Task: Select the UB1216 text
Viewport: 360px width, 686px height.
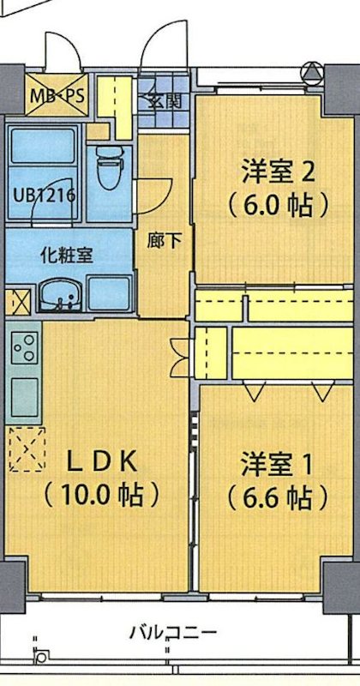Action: click(43, 193)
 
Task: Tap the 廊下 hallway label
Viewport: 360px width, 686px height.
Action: click(164, 240)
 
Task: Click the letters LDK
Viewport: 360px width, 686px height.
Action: click(101, 460)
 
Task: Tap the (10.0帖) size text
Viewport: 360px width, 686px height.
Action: click(102, 495)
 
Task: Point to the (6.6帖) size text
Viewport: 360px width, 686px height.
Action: click(276, 497)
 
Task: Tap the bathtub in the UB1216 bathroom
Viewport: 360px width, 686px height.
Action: click(43, 154)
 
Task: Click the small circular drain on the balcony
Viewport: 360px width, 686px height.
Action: click(41, 657)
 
